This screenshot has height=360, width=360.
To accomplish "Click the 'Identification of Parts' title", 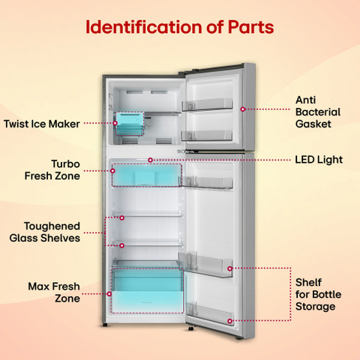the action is pyautogui.click(x=179, y=27).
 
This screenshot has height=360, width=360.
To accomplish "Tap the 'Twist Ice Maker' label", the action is pyautogui.click(x=42, y=124).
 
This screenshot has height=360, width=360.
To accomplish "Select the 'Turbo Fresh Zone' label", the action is pyautogui.click(x=52, y=170).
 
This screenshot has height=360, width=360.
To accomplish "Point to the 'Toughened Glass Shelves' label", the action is pyautogui.click(x=45, y=232).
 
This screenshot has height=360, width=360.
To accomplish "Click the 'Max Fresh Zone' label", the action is pyautogui.click(x=54, y=292).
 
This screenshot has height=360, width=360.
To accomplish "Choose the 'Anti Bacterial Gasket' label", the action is pyautogui.click(x=318, y=112).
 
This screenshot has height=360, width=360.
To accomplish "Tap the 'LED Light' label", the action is pyautogui.click(x=319, y=160).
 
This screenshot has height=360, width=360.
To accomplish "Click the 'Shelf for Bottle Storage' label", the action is pyautogui.click(x=318, y=295).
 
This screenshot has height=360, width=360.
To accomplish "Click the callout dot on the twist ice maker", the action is pyautogui.click(x=115, y=123).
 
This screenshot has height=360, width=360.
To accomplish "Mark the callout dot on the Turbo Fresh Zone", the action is pyautogui.click(x=112, y=171).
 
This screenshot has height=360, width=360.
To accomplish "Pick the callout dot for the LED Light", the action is pyautogui.click(x=150, y=160).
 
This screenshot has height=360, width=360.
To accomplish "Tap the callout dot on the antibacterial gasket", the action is pyautogui.click(x=243, y=109).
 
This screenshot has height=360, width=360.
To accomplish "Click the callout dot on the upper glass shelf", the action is pyautogui.click(x=121, y=218).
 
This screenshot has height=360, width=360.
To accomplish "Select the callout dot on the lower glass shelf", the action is pyautogui.click(x=121, y=246).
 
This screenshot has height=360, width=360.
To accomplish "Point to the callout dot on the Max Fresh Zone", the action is pyautogui.click(x=109, y=294).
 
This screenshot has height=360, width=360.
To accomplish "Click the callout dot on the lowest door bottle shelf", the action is pyautogui.click(x=229, y=321).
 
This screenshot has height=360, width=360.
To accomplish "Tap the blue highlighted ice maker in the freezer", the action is pyautogui.click(x=130, y=124).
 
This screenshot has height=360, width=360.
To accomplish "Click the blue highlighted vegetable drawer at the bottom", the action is pyautogui.click(x=148, y=291).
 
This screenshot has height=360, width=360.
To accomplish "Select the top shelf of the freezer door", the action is pyautogui.click(x=207, y=104).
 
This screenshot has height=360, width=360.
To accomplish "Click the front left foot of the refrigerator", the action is pyautogui.click(x=105, y=325).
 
